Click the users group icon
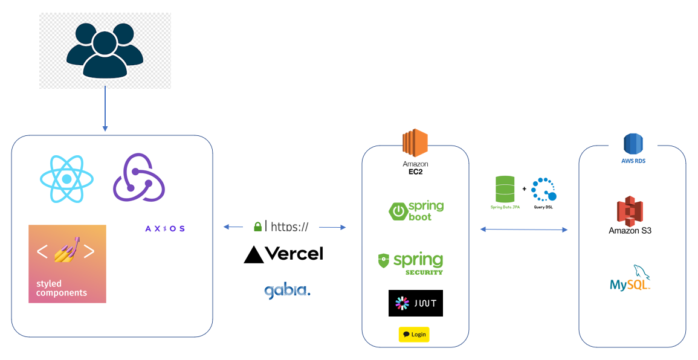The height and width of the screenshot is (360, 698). [105, 51]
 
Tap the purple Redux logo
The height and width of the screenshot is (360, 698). [139, 178]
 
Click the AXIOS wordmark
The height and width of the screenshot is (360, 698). [165, 228]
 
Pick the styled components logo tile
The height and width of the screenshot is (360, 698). [67, 264]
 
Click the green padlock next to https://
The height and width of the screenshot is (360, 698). [258, 227]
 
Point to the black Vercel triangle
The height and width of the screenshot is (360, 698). [254, 255]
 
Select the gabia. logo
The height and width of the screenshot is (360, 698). [287, 291]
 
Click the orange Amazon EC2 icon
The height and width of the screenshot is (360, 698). [415, 144]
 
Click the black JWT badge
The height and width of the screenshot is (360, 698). [415, 303]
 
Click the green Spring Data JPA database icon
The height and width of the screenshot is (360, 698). [505, 189]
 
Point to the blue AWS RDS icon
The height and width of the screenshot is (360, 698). [633, 144]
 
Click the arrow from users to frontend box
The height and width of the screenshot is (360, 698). [105, 109]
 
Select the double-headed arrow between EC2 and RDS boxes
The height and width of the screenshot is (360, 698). [524, 230]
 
